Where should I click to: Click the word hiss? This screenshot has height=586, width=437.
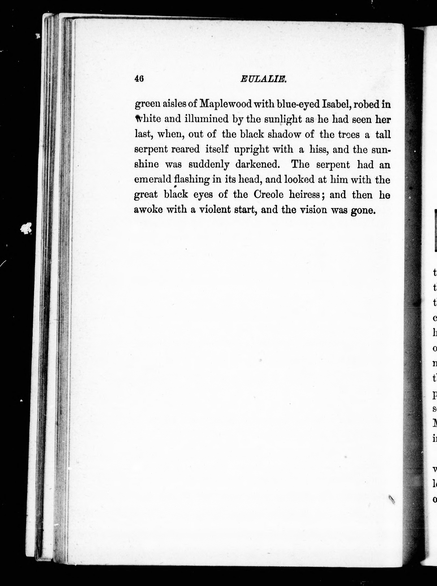pos(318,150)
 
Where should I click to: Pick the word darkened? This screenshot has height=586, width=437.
pos(257,165)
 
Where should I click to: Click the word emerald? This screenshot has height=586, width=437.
pos(153,180)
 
